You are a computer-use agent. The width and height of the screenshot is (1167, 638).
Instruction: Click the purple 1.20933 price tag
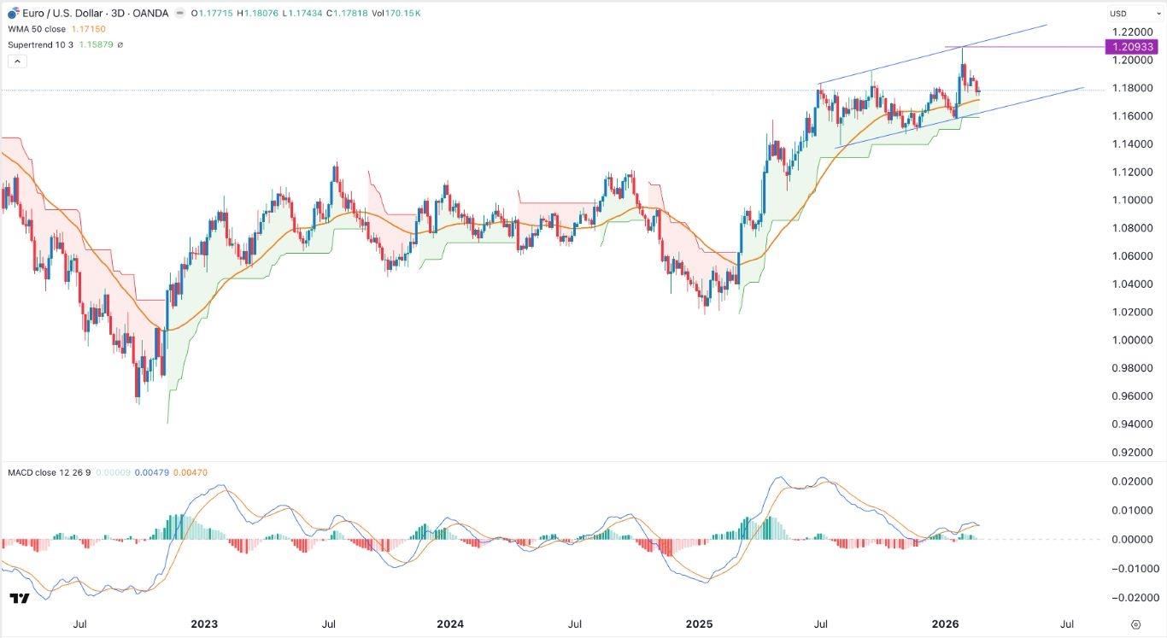click(1132, 47)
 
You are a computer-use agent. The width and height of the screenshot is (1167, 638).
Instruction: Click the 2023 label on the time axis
click(204, 624)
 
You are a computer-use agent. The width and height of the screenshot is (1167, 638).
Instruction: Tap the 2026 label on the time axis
click(945, 624)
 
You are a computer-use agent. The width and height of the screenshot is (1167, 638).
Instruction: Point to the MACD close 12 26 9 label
click(45, 472)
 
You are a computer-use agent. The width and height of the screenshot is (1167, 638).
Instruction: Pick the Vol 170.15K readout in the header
click(396, 14)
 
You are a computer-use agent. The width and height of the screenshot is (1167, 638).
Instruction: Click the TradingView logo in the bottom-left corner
click(20, 599)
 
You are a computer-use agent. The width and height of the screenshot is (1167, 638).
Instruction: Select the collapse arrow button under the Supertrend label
click(17, 61)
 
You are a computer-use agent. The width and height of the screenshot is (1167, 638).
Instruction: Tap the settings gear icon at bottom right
click(1135, 624)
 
